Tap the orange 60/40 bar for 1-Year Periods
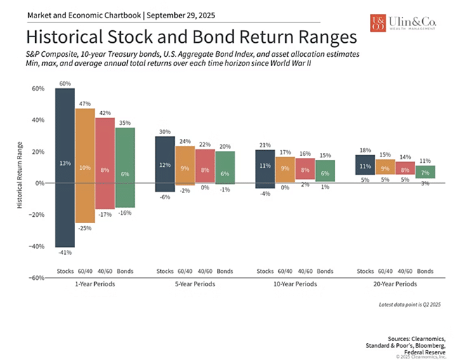85,165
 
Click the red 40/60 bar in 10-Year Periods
305,169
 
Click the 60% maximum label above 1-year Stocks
65,84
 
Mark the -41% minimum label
65,252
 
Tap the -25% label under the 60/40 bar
85,227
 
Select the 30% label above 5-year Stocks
165,131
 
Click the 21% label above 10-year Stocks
265,145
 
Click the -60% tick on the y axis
36,278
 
